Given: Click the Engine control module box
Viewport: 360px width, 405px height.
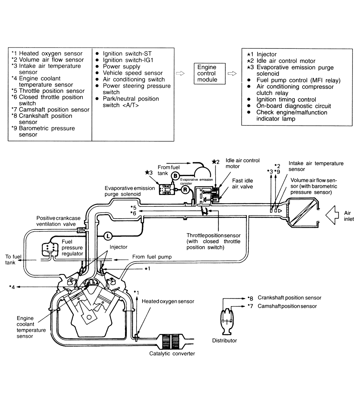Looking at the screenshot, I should [207, 73].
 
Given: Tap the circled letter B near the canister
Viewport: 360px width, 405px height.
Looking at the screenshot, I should [175, 176].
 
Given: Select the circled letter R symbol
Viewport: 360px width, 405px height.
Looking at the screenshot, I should [185, 189].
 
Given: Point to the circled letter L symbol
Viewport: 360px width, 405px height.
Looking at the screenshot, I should [107, 236].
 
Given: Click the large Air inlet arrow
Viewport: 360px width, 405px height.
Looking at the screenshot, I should [332, 215].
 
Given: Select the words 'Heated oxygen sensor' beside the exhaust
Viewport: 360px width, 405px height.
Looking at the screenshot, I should [168, 301].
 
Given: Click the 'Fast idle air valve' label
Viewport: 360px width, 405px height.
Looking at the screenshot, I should [242, 184].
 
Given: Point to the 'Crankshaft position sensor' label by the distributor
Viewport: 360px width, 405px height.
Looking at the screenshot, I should [289, 298].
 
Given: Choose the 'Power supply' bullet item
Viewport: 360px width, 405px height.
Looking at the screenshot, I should [121, 67].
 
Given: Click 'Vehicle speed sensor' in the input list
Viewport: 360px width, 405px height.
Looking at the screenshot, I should [132, 73].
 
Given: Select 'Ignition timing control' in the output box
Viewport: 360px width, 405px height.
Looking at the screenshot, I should [286, 99].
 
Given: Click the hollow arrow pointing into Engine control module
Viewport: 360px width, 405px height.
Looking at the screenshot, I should [180, 73].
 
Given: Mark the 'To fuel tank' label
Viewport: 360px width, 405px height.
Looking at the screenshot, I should [13, 260].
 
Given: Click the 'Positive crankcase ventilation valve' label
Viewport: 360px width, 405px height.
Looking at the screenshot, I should [58, 221].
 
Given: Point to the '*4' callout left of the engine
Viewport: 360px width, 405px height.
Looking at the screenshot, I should [12, 287].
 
